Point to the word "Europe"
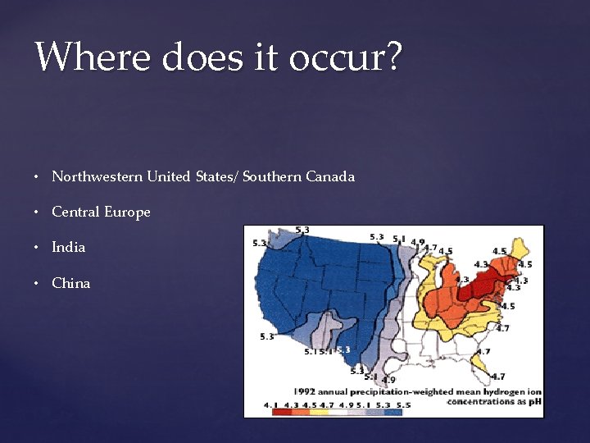(127, 212)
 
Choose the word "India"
(68, 247)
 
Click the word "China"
(71, 283)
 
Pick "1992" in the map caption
(305, 391)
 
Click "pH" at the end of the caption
(533, 401)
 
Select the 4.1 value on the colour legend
(270, 404)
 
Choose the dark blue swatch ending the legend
(393, 412)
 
